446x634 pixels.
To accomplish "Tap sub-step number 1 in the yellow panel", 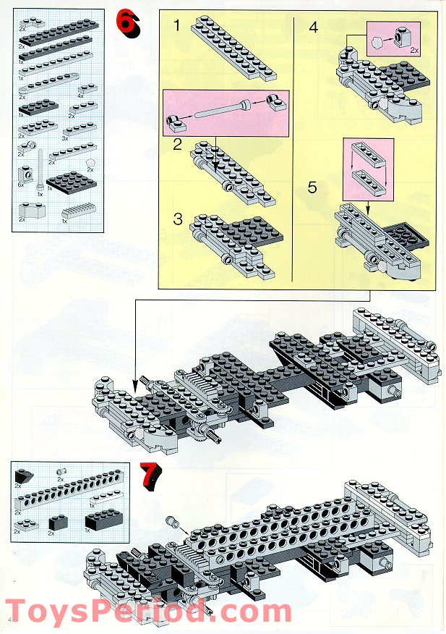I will pyautogui.click(x=177, y=28).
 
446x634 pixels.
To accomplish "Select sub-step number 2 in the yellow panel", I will pyautogui.click(x=178, y=143).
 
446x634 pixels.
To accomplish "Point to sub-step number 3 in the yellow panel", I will pyautogui.click(x=178, y=219).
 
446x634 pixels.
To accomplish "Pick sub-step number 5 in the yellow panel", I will pyautogui.click(x=313, y=187).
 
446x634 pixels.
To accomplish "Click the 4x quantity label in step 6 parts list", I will pyautogui.click(x=82, y=94).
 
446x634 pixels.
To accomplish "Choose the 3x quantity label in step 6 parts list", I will pyautogui.click(x=64, y=137).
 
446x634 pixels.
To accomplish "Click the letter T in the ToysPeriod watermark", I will pyautogui.click(x=17, y=612).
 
